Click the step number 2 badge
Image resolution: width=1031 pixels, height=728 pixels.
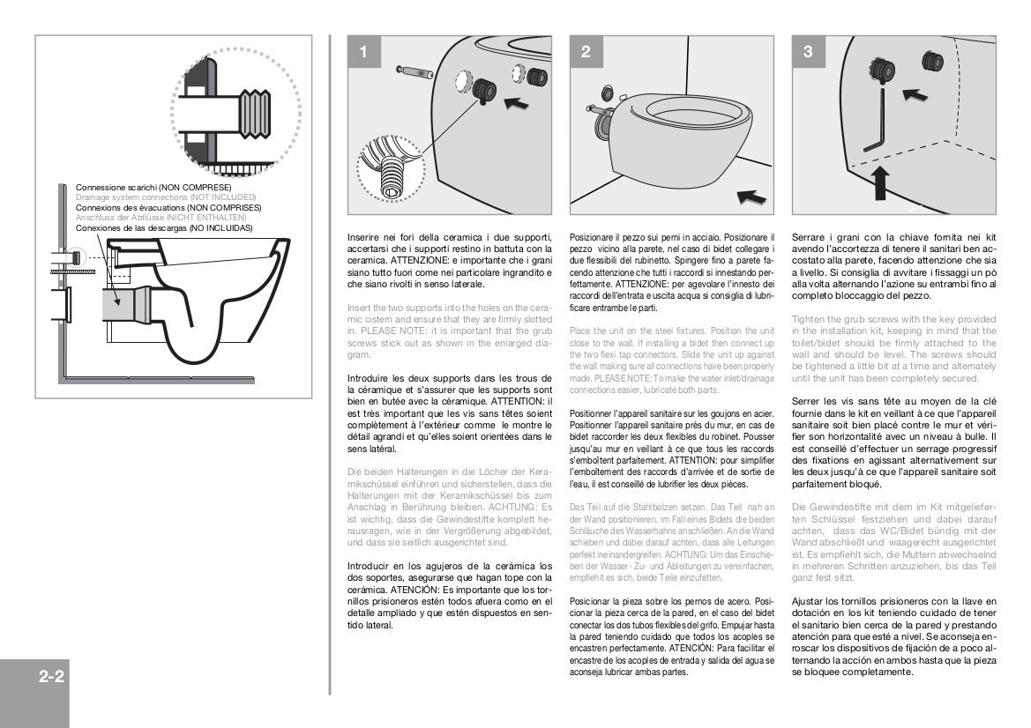pos(586,52)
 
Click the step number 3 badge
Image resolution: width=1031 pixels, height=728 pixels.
pos(808,52)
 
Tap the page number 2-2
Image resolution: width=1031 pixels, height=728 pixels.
pos(51,678)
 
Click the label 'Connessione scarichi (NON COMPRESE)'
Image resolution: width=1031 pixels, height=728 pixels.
pos(153,188)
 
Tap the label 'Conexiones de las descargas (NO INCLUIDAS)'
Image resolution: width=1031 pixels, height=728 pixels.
pos(164,227)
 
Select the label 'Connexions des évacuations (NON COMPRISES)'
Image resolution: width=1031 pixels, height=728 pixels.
pos(168,207)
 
